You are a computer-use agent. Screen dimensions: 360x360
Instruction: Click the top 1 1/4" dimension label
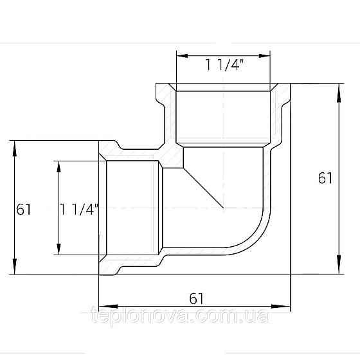pos(224,65)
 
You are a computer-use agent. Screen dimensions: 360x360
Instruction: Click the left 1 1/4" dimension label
pos(79,209)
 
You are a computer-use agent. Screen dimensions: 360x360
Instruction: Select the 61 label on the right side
pos(325,178)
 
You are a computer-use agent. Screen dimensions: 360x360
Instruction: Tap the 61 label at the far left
pos(23,209)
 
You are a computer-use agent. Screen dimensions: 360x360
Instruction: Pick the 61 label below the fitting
pos(196,299)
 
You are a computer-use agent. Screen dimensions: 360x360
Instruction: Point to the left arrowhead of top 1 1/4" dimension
pos(183,56)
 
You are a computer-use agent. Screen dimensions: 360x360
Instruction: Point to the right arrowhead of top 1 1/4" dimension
pos(264,56)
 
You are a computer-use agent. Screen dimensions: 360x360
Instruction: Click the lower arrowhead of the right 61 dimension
pos(339,264)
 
